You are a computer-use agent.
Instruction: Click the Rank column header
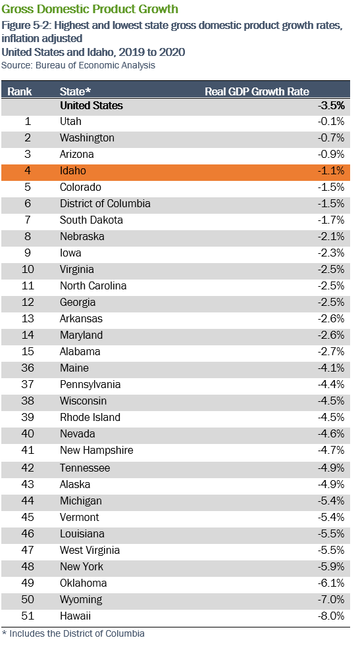coord(20,91)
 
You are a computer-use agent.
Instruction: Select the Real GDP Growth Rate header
coord(257,91)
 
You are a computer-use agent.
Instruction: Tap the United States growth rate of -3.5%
coord(331,105)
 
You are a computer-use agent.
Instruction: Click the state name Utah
coord(70,121)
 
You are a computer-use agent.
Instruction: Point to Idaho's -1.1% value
coord(331,171)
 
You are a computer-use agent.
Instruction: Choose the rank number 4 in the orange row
coord(28,171)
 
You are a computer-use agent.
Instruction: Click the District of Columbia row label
coord(105,203)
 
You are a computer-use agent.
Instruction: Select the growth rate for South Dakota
coord(331,220)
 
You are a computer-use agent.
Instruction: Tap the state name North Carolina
coord(93,286)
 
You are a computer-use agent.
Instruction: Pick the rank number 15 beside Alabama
coord(28,351)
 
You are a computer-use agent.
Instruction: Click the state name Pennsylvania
coord(90,384)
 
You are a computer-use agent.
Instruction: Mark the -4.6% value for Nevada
coord(331,434)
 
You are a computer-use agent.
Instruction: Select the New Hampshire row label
coord(97,451)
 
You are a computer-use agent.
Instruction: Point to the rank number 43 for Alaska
coord(28,484)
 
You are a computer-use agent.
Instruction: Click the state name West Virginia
coord(90,550)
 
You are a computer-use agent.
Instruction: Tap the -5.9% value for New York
coord(331,566)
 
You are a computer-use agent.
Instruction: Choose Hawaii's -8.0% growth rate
coord(331,616)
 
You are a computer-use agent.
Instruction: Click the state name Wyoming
coord(81,600)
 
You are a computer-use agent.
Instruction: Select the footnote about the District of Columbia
coord(73,633)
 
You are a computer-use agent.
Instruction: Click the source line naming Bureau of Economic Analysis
coord(78,66)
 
